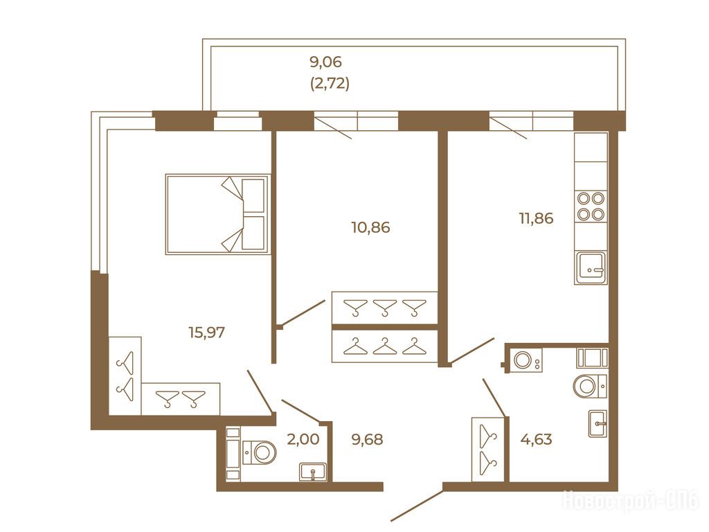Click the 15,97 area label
[206, 333]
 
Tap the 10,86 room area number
[370, 227]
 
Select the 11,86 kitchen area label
[536, 218]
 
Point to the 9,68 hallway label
[367, 439]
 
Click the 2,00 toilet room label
[303, 438]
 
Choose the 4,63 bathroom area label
[537, 439]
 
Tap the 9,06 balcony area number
[325, 62]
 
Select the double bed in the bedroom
[218, 214]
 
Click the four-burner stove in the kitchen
[591, 206]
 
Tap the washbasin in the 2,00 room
[312, 472]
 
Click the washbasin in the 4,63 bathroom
[598, 424]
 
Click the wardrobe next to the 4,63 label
[488, 450]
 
